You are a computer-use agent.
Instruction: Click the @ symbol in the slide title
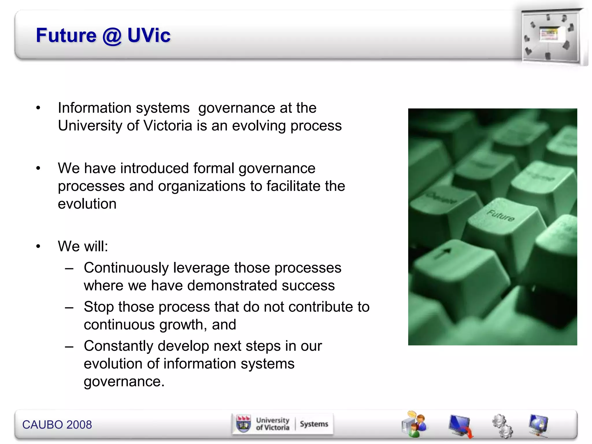point(112,36)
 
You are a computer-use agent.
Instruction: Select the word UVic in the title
point(149,35)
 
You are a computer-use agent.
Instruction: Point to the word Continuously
point(126,268)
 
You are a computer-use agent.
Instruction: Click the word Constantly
point(118,346)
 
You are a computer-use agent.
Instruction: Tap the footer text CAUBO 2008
point(57,425)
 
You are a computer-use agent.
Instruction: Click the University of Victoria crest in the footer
point(243,424)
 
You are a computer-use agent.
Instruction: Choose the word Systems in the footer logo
point(314,424)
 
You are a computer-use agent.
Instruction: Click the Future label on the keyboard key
point(500,216)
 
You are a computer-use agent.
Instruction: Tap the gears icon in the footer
point(502,425)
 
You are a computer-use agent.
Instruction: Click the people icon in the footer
point(414,425)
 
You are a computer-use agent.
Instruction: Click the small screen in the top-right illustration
point(548,35)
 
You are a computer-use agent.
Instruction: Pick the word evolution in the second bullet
point(87,204)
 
